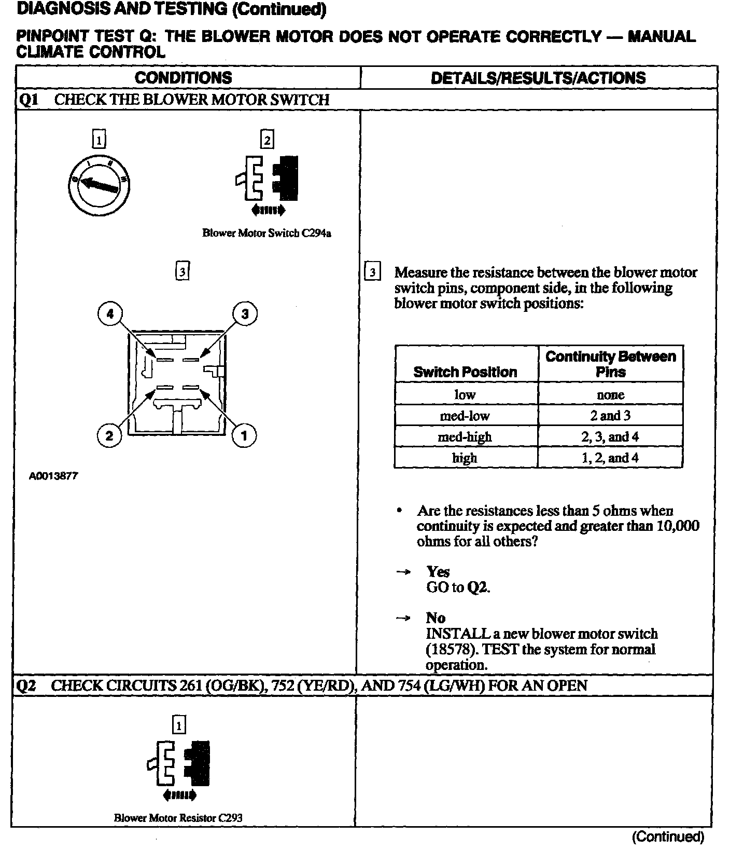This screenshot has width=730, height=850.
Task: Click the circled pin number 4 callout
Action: (110, 313)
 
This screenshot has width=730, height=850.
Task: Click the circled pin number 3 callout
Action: (245, 313)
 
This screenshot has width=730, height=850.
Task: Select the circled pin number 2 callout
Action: (109, 435)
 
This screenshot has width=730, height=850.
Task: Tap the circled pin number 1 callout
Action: (244, 435)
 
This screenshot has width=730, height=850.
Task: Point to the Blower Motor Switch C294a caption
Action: (266, 233)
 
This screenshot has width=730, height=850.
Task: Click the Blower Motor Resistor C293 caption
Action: (178, 818)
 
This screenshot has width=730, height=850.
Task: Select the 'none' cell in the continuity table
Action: (610, 395)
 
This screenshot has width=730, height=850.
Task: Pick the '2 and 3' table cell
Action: (610, 416)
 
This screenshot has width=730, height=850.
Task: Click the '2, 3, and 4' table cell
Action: (610, 437)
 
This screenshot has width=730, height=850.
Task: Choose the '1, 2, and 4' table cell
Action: (610, 458)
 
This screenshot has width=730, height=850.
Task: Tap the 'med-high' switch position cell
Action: (465, 437)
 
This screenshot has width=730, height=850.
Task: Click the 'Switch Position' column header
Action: (465, 372)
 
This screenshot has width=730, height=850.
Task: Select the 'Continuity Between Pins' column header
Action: (611, 364)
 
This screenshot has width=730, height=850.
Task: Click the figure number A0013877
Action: (53, 476)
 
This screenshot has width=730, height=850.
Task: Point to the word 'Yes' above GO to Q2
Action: (438, 572)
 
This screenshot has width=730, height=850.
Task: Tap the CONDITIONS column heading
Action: (184, 78)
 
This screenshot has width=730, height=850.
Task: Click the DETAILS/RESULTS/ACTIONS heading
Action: (538, 78)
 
